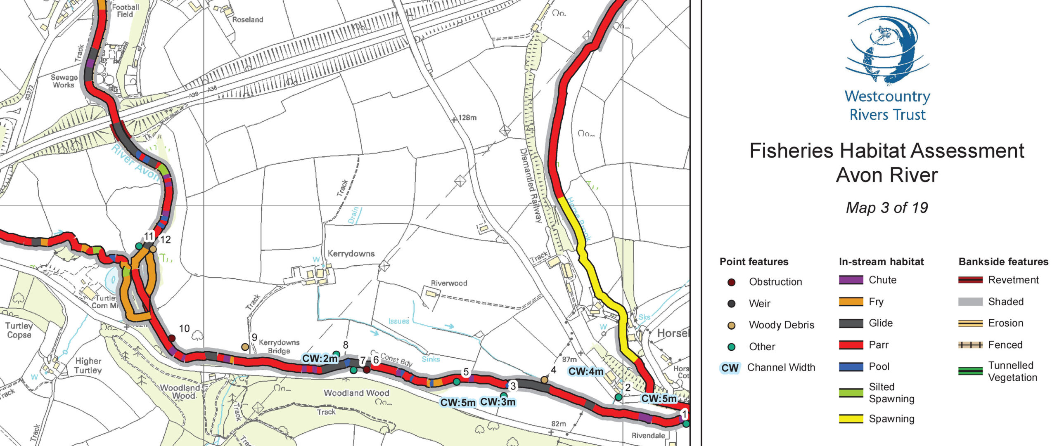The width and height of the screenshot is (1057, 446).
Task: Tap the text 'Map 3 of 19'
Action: tap(887, 208)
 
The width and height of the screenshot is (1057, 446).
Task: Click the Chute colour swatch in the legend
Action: tap(851, 280)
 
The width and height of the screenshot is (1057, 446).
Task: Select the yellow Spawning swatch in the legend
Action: tap(851, 419)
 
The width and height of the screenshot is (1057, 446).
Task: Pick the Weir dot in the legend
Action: tap(731, 304)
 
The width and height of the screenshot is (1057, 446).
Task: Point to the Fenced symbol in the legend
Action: tap(970, 345)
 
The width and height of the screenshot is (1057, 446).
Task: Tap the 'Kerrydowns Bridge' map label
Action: tap(279, 347)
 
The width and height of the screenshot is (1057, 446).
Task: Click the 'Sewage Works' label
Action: tap(64, 81)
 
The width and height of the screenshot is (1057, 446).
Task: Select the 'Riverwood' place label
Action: tap(449, 283)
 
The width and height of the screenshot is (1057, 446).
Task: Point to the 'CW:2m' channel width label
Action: tap(320, 359)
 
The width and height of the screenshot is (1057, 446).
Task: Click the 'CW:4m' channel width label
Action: tap(585, 371)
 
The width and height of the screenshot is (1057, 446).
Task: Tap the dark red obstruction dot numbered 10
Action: tap(172, 338)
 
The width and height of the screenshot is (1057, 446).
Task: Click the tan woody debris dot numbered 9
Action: tap(245, 347)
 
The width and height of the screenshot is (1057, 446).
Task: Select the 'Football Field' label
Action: tap(125, 11)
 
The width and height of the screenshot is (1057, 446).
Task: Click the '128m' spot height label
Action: tap(467, 118)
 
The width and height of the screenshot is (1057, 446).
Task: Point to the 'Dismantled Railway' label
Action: tap(531, 186)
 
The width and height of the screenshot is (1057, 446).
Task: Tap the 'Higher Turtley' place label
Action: tap(88, 366)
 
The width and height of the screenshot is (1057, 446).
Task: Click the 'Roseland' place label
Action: tap(247, 19)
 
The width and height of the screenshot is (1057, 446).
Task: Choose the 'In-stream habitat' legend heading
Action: tap(881, 262)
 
